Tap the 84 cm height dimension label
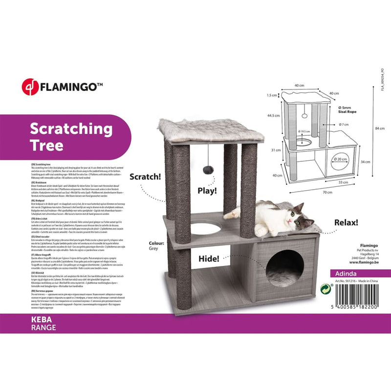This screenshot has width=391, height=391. coord(375,129)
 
